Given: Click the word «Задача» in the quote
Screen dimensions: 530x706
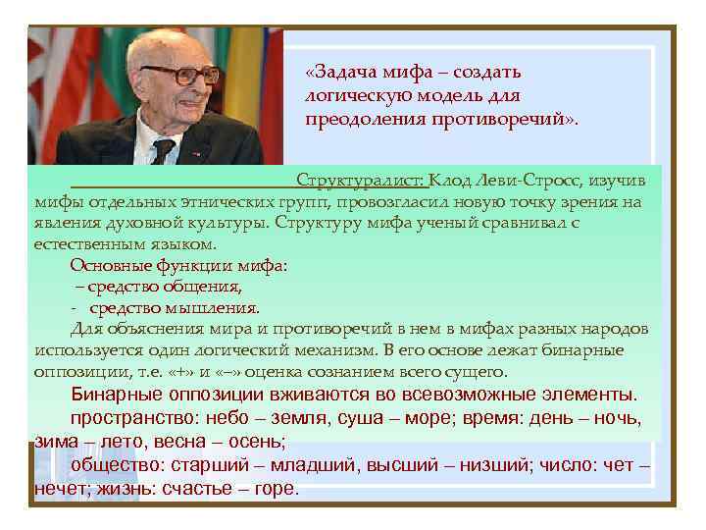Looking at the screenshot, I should click(344, 73).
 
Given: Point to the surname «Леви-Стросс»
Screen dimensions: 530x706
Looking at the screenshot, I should click(515, 182).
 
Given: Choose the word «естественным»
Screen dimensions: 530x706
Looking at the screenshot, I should click(81, 243).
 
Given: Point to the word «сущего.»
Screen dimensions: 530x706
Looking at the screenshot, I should click(475, 372).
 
